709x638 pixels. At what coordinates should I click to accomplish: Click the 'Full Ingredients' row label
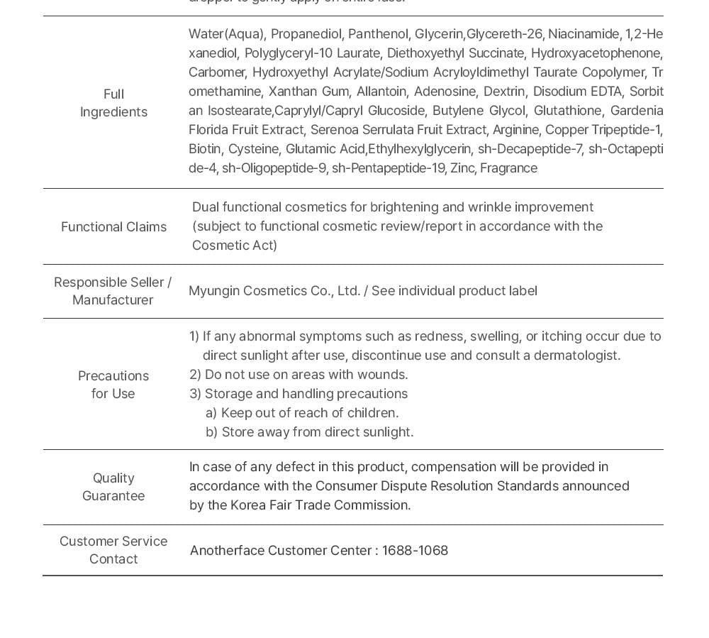113,103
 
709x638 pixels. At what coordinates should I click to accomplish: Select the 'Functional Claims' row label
113,227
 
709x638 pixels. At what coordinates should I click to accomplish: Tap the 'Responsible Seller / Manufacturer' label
113,291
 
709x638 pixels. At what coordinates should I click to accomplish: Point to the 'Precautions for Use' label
113,385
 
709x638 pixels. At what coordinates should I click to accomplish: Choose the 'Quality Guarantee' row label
113,487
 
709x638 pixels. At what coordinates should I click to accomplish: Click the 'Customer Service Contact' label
113,550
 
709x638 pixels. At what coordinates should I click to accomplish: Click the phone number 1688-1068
415,551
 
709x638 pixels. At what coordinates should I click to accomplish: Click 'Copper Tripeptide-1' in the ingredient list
603,130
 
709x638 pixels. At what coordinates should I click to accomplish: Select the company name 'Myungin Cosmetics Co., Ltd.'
274,291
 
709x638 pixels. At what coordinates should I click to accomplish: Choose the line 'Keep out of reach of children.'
310,413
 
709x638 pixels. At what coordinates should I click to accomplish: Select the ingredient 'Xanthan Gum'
308,92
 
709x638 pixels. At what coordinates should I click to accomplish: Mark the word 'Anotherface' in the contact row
227,551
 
